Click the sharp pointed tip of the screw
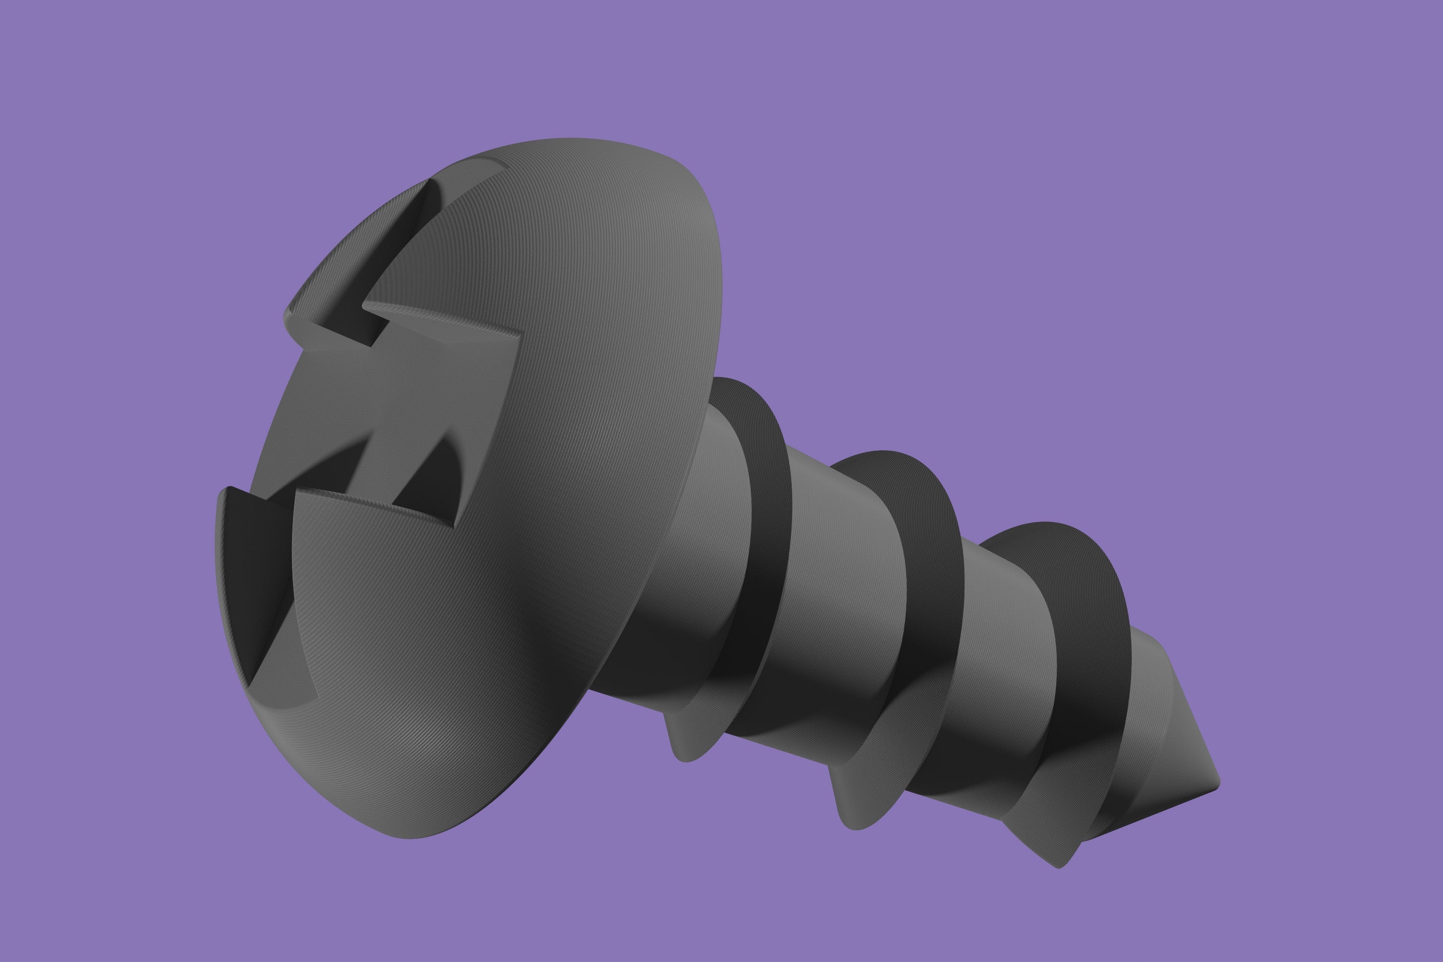tap(1218, 784)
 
